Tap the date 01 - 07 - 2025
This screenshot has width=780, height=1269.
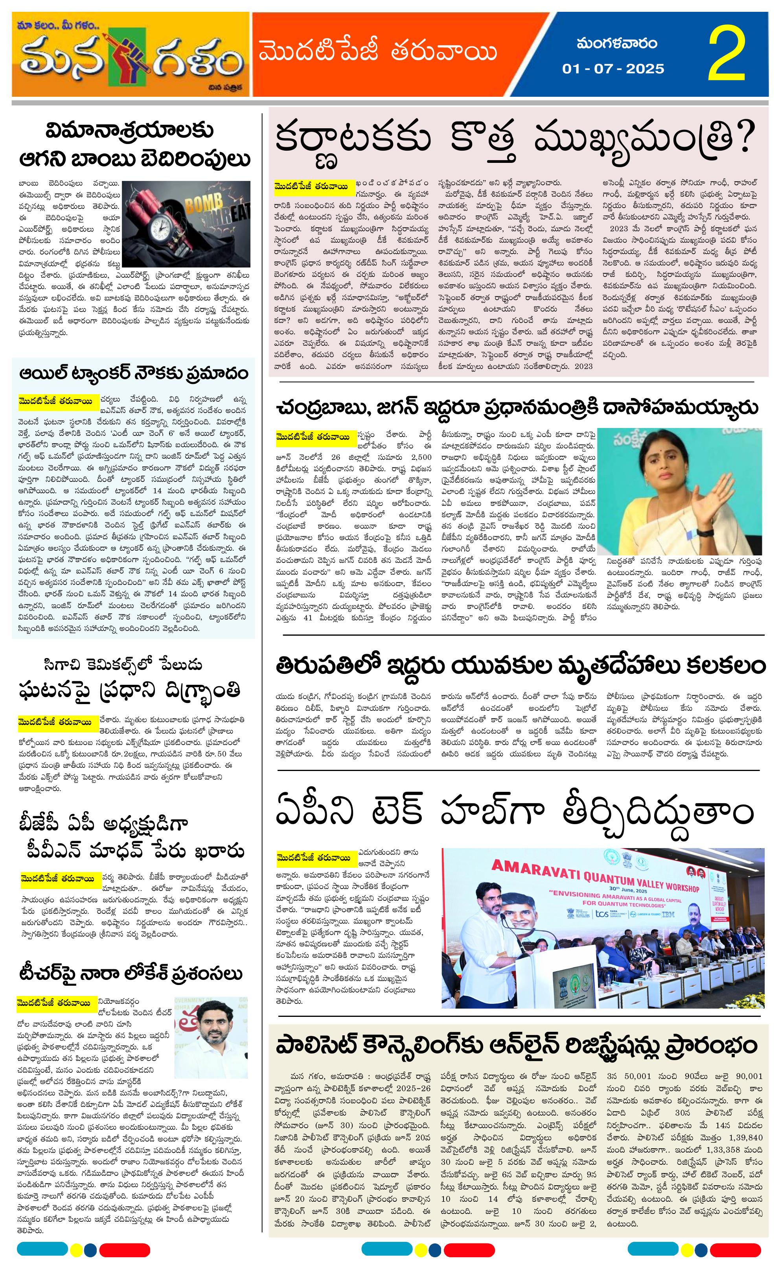[x=613, y=68]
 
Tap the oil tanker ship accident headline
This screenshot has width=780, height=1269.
[x=134, y=373]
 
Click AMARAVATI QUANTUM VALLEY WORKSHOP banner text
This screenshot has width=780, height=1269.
[x=593, y=875]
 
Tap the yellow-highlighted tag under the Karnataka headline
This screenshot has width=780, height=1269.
[x=314, y=186]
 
